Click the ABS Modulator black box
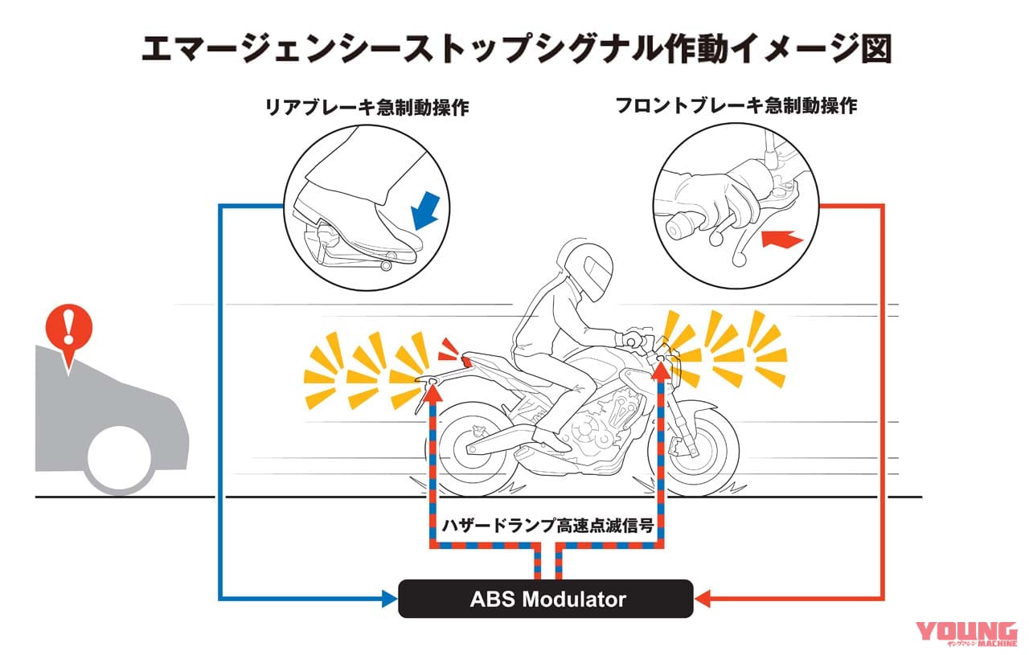pyautogui.click(x=545, y=599)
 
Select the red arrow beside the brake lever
pyautogui.click(x=780, y=239)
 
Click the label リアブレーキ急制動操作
pyautogui.click(x=367, y=108)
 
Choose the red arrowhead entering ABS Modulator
pyautogui.click(x=701, y=599)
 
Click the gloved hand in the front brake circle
pyautogui.click(x=707, y=197)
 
